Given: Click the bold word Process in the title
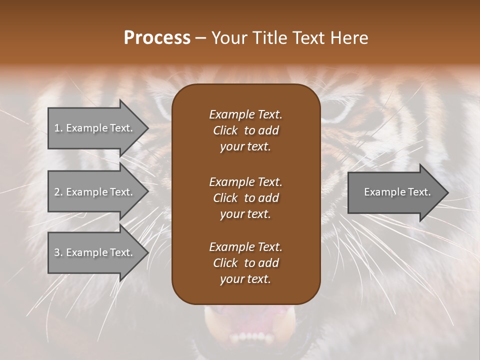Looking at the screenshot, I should pos(157,38).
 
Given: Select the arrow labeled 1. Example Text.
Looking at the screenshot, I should pos(93,128).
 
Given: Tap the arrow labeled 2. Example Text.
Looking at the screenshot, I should pos(93,192).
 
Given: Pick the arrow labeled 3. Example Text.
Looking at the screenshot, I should pos(93,252).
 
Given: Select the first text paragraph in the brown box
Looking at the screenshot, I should pos(245,130).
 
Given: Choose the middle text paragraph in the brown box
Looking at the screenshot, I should pos(245,197).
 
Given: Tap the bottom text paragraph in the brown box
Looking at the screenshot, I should pos(245,263).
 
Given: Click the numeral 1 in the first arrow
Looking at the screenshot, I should pos(56,128).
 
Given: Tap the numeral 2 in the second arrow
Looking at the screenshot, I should pos(57,192).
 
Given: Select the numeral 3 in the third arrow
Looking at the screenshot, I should pos(57,252).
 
